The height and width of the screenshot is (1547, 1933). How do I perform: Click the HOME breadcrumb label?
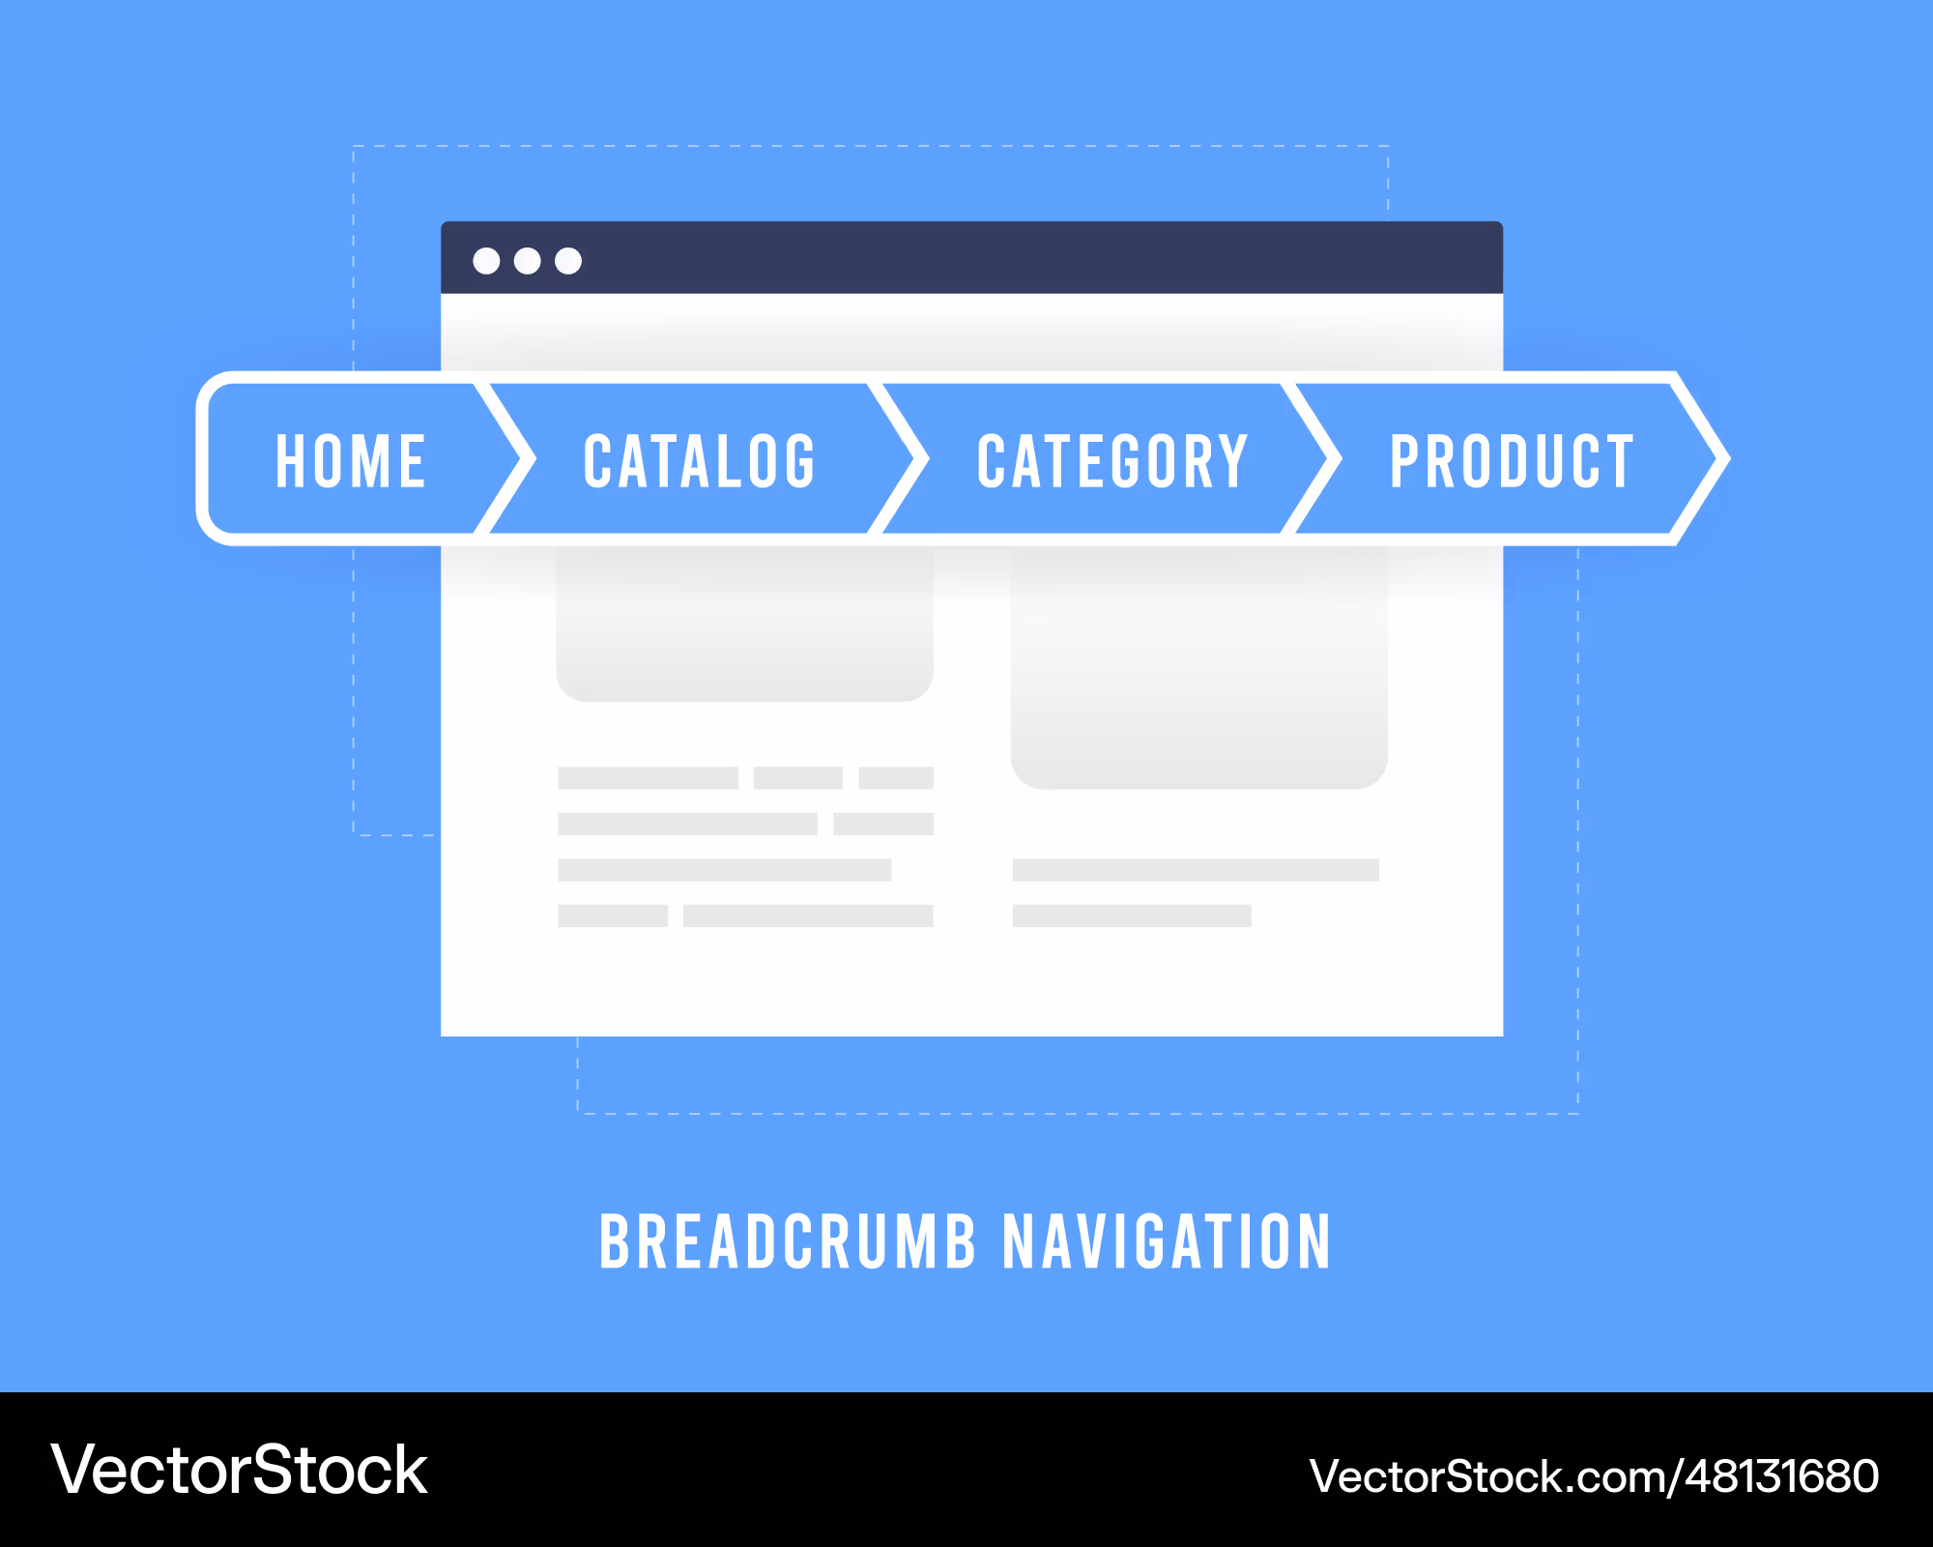click(x=351, y=461)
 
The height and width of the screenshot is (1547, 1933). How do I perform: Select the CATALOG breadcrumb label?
click(x=700, y=461)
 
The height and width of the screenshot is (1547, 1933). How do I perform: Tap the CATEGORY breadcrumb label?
click(x=1112, y=461)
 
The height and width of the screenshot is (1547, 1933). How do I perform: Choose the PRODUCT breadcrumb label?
click(x=1512, y=461)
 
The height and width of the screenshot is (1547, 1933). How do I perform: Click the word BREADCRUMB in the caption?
click(x=788, y=1241)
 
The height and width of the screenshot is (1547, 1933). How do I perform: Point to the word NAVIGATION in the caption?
click(x=1168, y=1241)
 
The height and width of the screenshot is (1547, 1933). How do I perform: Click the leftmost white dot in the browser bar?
click(x=486, y=261)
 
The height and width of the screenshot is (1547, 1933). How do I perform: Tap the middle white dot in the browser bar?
click(x=528, y=261)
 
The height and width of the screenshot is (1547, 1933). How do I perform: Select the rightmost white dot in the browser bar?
click(x=568, y=261)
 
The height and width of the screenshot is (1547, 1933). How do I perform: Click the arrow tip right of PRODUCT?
click(x=1728, y=458)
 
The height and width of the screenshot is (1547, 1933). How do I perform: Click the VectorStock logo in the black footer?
click(x=240, y=1471)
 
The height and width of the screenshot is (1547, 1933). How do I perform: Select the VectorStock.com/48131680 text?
click(x=1594, y=1476)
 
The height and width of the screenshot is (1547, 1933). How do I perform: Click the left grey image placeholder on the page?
click(x=744, y=624)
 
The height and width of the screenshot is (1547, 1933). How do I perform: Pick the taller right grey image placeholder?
click(x=1198, y=667)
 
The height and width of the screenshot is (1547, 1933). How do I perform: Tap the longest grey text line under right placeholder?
click(x=1196, y=870)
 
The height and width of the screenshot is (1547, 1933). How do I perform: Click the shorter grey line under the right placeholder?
click(x=1132, y=916)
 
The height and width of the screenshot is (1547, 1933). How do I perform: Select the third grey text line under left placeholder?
click(x=725, y=870)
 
